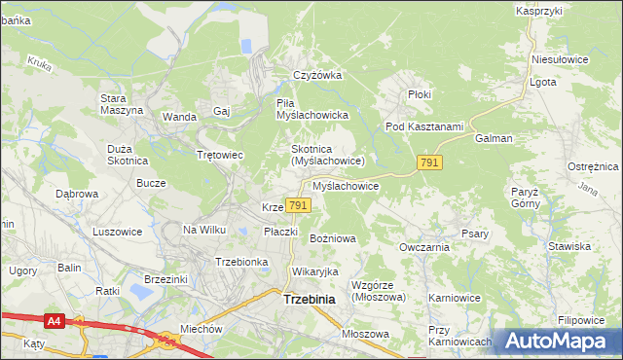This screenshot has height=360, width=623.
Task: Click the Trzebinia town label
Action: tap(309, 300)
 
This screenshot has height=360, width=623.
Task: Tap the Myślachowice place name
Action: tap(345, 185)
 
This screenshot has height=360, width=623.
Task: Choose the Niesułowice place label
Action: tap(560, 58)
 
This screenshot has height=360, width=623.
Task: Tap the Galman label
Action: tap(494, 138)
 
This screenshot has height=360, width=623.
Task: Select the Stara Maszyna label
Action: tap(122, 104)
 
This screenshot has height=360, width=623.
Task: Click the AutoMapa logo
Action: tap(559, 341)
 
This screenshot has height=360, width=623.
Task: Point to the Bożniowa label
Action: tap(333, 237)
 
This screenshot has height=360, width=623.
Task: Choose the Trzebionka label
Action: tap(240, 262)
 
